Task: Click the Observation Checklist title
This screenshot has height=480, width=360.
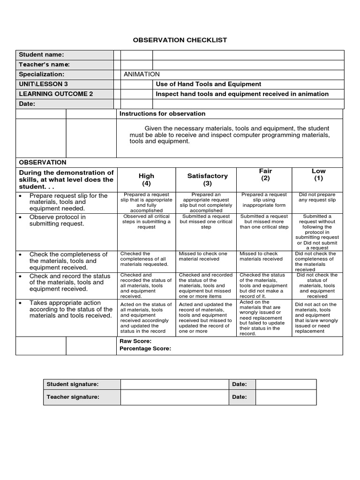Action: pos(180,40)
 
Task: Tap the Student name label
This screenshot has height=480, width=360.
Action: pos(41,55)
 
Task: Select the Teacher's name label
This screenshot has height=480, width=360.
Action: pos(44,64)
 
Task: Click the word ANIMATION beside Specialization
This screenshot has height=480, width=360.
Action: pos(142,74)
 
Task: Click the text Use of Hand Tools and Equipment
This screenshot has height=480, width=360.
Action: pos(208,84)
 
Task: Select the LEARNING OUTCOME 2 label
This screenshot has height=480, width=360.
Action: pos(56,94)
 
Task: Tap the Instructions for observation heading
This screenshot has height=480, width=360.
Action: pos(162,113)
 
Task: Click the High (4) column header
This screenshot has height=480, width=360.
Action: pos(146,180)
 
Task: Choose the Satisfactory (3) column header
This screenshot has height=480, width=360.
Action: pos(207,180)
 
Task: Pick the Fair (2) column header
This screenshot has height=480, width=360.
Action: pos(265,175)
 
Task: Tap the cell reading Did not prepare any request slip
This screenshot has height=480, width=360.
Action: pos(318,197)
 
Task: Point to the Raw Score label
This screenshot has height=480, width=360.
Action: pos(135,341)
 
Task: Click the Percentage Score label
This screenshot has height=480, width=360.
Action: pos(145,348)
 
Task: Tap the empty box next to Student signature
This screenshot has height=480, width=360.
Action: pos(174,384)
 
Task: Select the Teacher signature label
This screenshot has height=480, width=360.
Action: pos(73,397)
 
